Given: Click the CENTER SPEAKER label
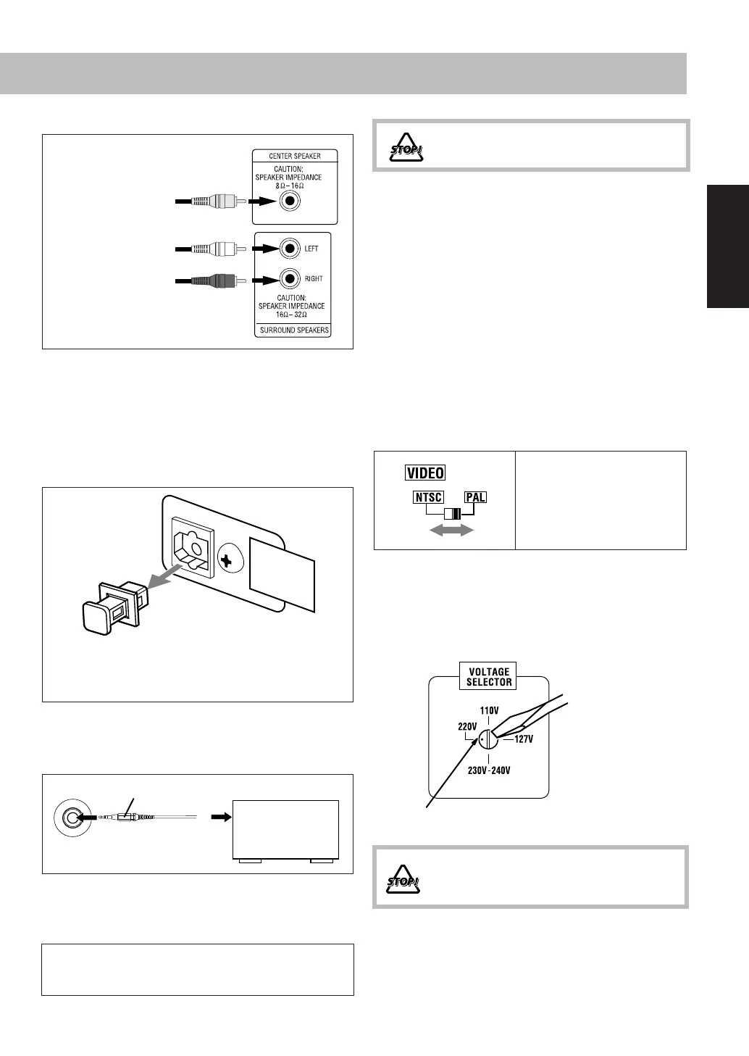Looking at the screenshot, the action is point(295,156).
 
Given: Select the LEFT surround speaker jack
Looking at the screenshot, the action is point(290,249).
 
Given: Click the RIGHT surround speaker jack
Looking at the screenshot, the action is point(290,278).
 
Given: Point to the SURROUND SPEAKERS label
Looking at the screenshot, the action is point(294,330).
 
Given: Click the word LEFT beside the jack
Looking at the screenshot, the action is point(311,249).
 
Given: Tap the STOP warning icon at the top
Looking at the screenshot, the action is point(405,149).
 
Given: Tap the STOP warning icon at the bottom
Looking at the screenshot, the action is point(403,878).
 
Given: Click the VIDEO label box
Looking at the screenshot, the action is point(425,473).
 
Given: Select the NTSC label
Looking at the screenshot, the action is point(429,498).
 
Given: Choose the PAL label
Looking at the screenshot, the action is point(476,498).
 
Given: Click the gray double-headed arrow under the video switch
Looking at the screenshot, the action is point(452,531).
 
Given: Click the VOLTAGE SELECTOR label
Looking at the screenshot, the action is point(489,677).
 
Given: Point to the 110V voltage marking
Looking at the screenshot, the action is point(489,711).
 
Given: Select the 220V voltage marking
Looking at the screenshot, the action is point(467,726).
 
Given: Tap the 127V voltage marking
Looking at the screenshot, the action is point(524,739).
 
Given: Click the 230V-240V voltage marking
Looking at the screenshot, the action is point(489,770).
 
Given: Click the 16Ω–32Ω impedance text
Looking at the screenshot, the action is point(292,315).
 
